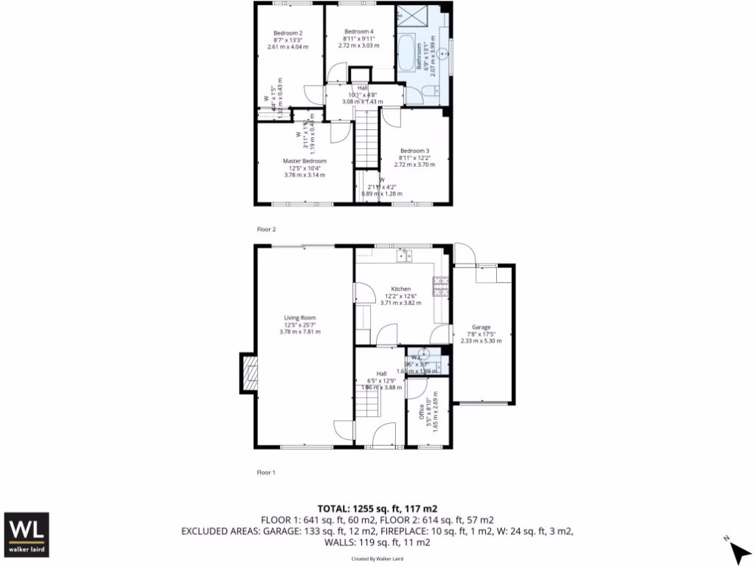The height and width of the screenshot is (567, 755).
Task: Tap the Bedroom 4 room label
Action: [359, 31]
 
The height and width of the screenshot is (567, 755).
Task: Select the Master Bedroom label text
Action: [305, 160]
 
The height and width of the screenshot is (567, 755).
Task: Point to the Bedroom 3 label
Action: [414, 151]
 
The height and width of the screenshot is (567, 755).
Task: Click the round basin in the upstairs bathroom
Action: [443, 54]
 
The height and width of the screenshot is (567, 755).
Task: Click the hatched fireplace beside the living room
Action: [248, 373]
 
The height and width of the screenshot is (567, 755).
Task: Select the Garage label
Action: [481, 327]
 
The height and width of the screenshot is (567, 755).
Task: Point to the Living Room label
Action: [300, 318]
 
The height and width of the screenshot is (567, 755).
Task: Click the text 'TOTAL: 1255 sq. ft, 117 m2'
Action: [377, 509]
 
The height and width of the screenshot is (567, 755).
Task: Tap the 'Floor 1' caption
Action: [265, 472]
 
